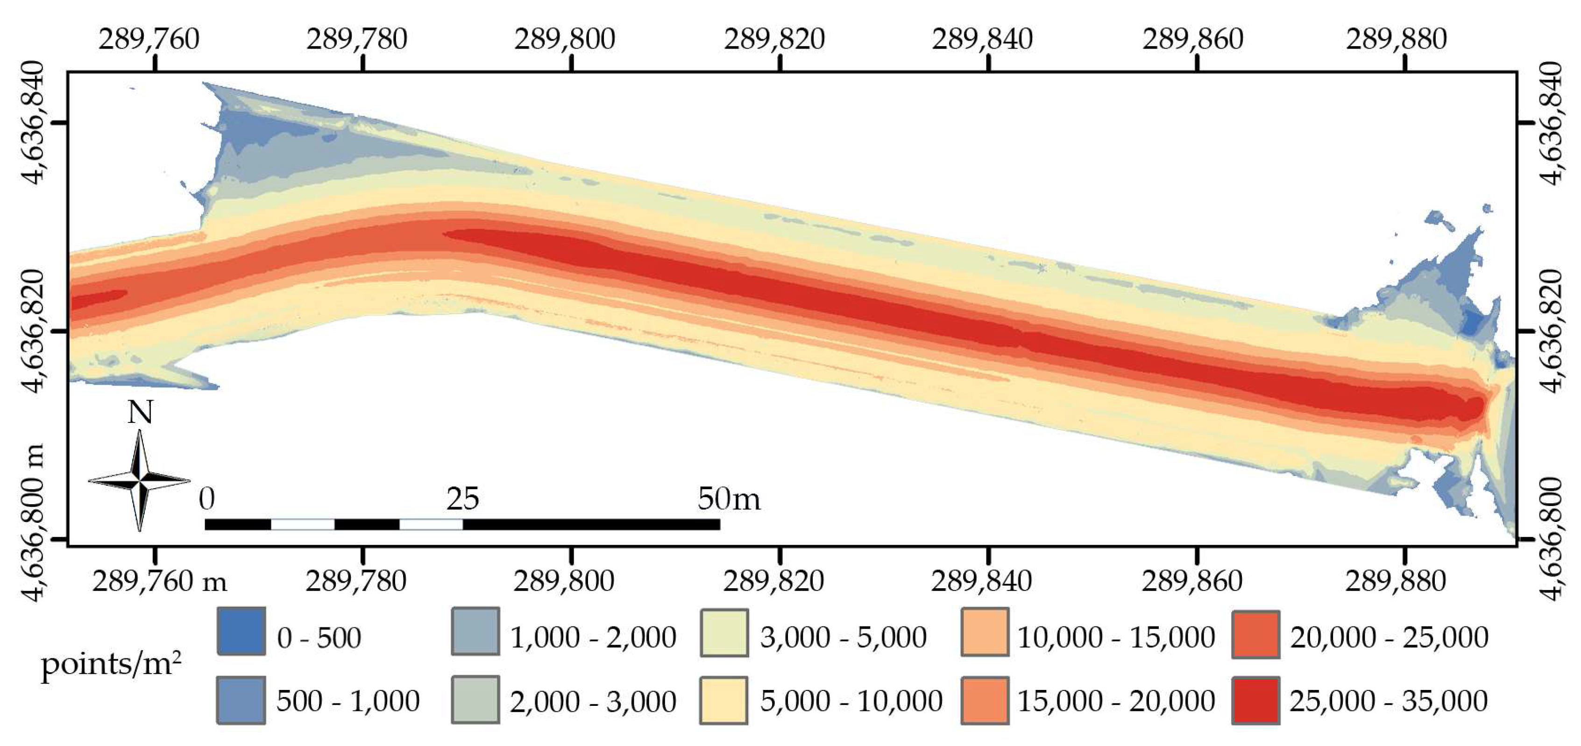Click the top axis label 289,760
pos(149,40)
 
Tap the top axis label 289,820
pos(774,40)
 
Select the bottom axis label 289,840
pos(981,580)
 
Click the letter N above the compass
pos(140,412)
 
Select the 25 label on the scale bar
pos(462,499)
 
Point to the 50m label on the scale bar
pos(729,499)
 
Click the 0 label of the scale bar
pos(207,499)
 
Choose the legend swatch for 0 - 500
pos(241,631)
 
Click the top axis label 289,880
pos(1396,40)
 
